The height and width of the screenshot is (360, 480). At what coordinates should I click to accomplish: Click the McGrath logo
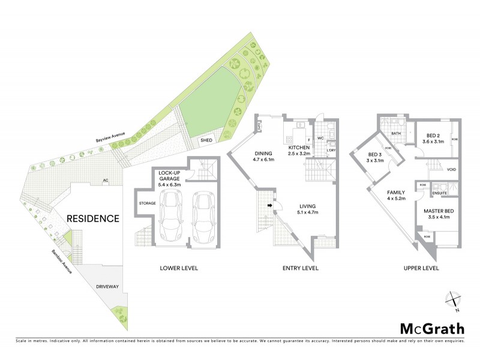432,328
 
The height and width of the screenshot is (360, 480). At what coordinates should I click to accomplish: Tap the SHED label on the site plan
207,140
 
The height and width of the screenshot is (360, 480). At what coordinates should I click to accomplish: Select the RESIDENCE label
92,218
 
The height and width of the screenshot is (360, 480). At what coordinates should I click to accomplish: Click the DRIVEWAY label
107,287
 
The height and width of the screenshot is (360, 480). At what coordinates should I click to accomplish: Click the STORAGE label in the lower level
148,203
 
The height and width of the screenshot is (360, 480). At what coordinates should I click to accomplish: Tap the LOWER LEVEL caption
178,268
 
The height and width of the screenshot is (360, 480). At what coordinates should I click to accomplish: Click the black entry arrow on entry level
270,206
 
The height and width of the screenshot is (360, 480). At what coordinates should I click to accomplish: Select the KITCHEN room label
299,148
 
